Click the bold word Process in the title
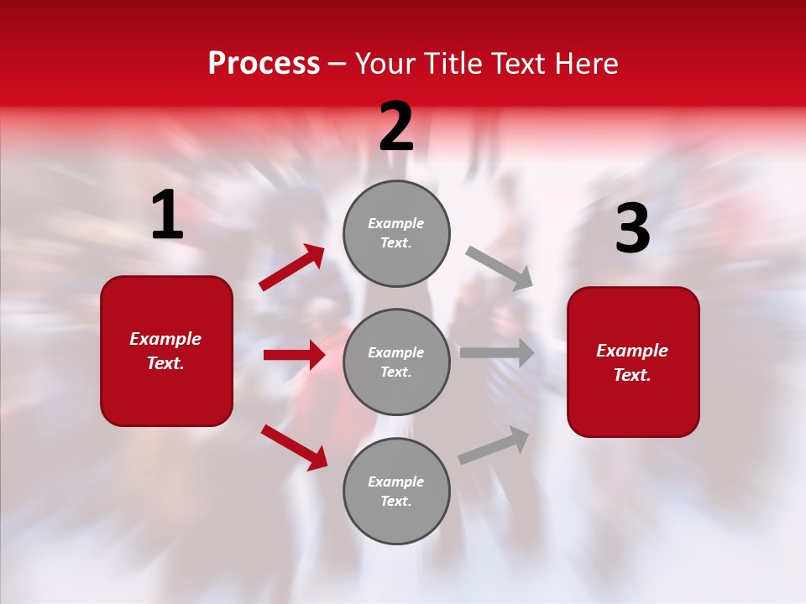[x=264, y=64]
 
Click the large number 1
[x=167, y=216]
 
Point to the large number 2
[x=396, y=127]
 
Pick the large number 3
[x=632, y=229]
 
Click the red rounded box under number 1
[x=166, y=351]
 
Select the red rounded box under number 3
[x=633, y=362]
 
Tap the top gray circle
[x=396, y=233]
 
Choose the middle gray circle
[x=396, y=362]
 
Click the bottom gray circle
[x=396, y=491]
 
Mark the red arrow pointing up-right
[x=292, y=268]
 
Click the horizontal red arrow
[x=294, y=355]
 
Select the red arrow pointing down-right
[x=294, y=447]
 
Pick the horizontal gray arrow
[x=497, y=353]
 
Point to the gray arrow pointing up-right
[x=494, y=445]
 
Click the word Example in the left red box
[x=165, y=339]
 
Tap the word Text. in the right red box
[x=632, y=375]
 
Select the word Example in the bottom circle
[x=396, y=482]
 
